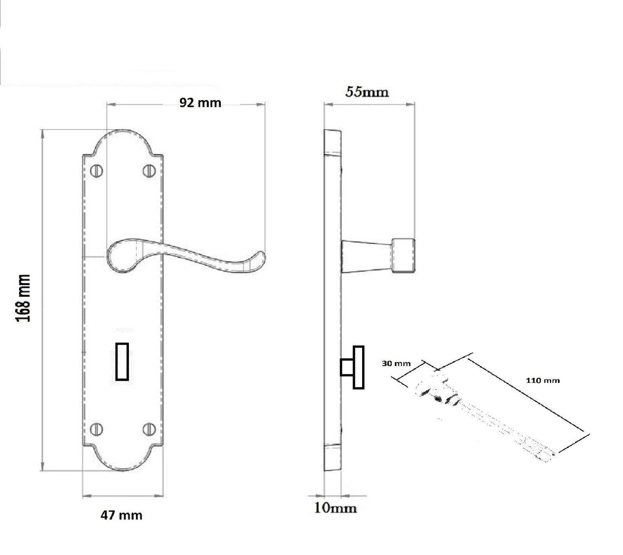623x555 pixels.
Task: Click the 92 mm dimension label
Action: point(200,103)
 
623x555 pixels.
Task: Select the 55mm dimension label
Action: point(366,92)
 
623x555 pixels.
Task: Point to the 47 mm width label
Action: point(121,515)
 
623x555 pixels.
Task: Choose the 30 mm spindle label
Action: point(396,364)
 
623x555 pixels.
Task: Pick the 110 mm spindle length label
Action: point(542,380)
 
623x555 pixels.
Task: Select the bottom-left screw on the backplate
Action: point(97,429)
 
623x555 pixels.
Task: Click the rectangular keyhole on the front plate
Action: point(122,361)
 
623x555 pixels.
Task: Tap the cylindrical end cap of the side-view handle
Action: point(403,256)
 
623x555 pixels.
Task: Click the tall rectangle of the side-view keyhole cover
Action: point(358,367)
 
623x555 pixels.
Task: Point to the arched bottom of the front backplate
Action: point(123,459)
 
